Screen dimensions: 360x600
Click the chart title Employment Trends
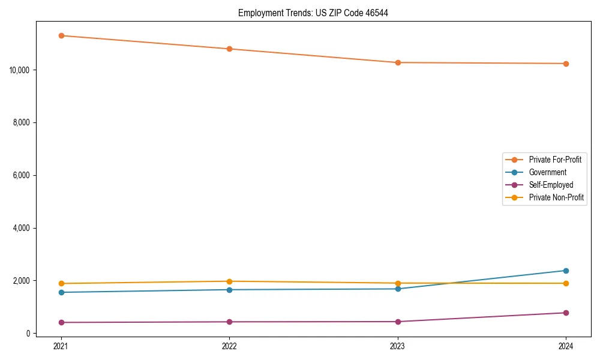pos(313,13)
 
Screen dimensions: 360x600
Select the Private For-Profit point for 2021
pos(61,35)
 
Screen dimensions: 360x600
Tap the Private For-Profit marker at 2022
pos(229,49)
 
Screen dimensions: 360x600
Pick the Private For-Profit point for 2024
pos(566,64)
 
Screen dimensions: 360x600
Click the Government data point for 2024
pos(566,271)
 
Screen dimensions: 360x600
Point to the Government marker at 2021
pos(61,292)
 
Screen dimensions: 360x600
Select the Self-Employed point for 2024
pos(566,313)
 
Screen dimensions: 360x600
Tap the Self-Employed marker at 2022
pos(229,322)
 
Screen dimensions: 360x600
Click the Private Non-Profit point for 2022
pos(229,281)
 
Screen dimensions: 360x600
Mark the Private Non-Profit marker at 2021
pos(61,283)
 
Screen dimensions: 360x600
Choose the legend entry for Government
pos(547,172)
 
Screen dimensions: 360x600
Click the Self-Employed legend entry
pos(551,185)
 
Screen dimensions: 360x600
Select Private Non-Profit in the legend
pos(556,197)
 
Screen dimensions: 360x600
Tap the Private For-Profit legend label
pos(555,160)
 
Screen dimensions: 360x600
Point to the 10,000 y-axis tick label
pos(20,70)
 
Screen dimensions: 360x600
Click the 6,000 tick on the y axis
pos(22,175)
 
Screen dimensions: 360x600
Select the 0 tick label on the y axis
pos(28,334)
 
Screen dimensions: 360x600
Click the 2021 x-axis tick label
pos(61,346)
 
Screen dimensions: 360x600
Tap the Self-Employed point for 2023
pos(398,322)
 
